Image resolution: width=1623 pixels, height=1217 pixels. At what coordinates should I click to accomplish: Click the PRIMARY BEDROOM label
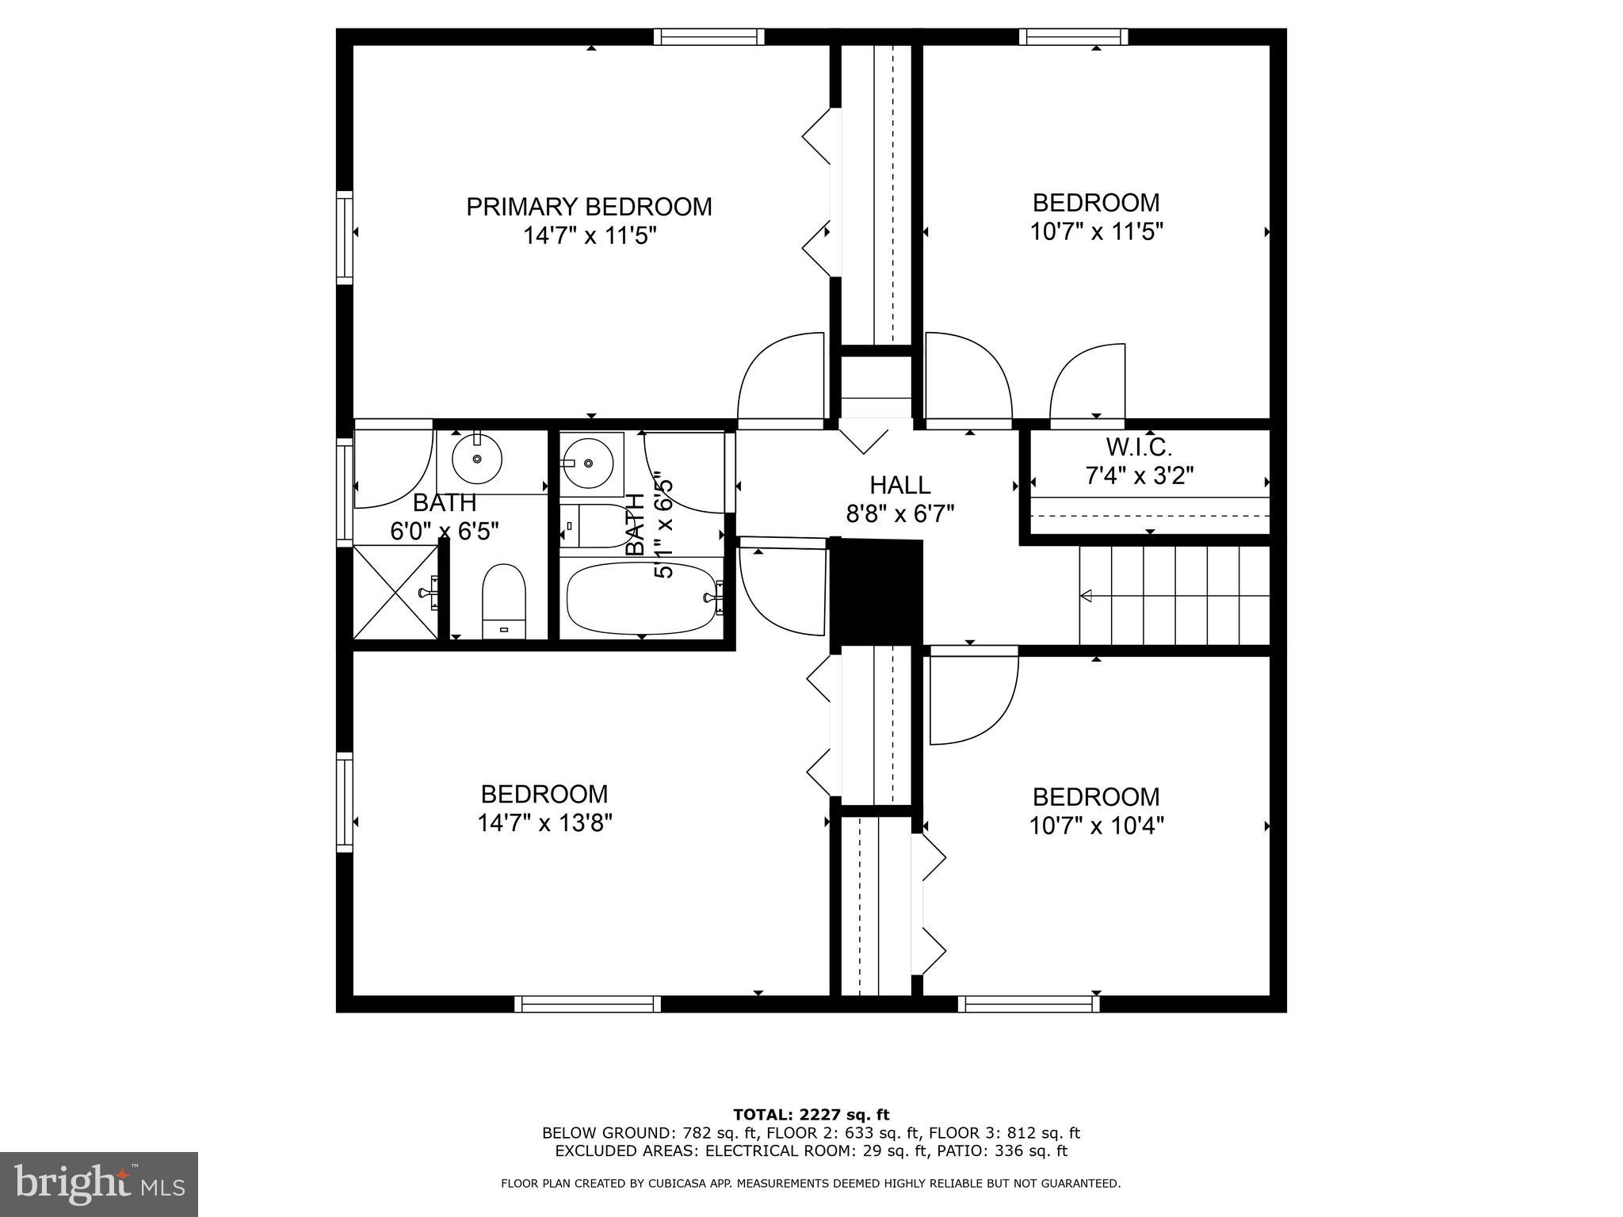tap(589, 207)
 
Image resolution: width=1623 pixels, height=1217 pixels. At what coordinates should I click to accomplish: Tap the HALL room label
tap(899, 485)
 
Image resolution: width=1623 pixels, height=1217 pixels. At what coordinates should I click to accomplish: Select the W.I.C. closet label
tap(1139, 448)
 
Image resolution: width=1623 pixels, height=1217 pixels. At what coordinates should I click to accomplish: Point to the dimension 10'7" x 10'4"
tap(1096, 826)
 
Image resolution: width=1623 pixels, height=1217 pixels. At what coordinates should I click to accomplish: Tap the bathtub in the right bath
tap(642, 598)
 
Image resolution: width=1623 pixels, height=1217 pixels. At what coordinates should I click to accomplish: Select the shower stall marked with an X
tap(395, 591)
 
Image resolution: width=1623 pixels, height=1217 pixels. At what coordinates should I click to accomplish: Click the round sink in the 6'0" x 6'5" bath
tap(477, 459)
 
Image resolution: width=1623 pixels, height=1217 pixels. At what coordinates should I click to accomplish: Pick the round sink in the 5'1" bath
tap(587, 463)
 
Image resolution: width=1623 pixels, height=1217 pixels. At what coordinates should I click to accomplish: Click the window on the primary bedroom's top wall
tap(708, 36)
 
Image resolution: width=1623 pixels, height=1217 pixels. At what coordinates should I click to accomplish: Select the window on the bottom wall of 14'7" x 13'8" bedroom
tap(587, 1004)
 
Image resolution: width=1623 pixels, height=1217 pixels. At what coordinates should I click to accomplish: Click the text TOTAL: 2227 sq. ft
tap(811, 1116)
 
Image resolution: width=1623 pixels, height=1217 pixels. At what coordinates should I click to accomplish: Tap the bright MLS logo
tap(98, 1184)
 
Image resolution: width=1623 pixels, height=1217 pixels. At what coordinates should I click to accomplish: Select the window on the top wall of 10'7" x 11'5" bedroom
tap(1073, 36)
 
